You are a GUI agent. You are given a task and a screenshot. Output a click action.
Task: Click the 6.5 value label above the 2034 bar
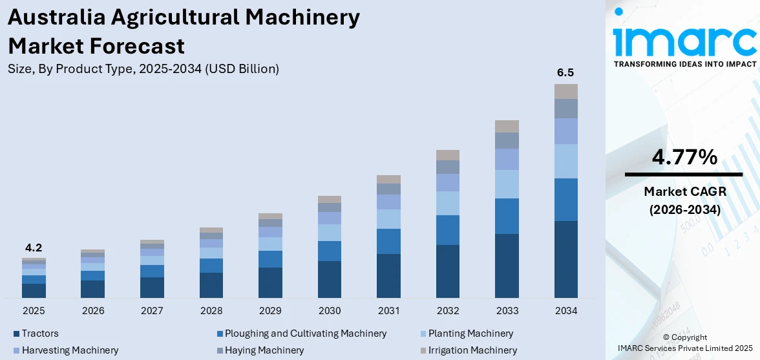click(565, 72)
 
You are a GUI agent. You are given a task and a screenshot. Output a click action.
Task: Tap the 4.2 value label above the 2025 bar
click(34, 248)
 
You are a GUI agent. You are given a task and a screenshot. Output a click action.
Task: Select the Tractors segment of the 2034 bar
click(565, 259)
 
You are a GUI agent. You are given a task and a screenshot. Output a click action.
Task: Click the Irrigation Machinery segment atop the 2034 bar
click(565, 91)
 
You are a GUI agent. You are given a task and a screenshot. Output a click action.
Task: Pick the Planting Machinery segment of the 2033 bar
click(507, 184)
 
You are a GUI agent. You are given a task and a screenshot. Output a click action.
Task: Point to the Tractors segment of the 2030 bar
click(330, 279)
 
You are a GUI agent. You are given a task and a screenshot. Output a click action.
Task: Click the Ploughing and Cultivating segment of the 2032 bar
click(448, 230)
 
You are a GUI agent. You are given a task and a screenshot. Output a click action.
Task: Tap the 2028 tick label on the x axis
click(211, 311)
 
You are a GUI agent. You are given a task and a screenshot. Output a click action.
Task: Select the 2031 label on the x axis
click(388, 311)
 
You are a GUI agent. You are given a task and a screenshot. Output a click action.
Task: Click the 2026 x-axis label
click(93, 311)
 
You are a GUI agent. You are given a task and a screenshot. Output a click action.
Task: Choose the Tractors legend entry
click(40, 334)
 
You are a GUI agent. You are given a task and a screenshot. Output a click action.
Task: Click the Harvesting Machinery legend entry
click(70, 350)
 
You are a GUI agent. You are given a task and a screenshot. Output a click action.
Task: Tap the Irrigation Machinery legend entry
click(469, 350)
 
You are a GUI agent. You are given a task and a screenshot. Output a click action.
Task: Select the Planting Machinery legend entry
click(467, 334)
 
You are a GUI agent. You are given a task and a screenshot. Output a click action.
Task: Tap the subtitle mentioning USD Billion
click(143, 69)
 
